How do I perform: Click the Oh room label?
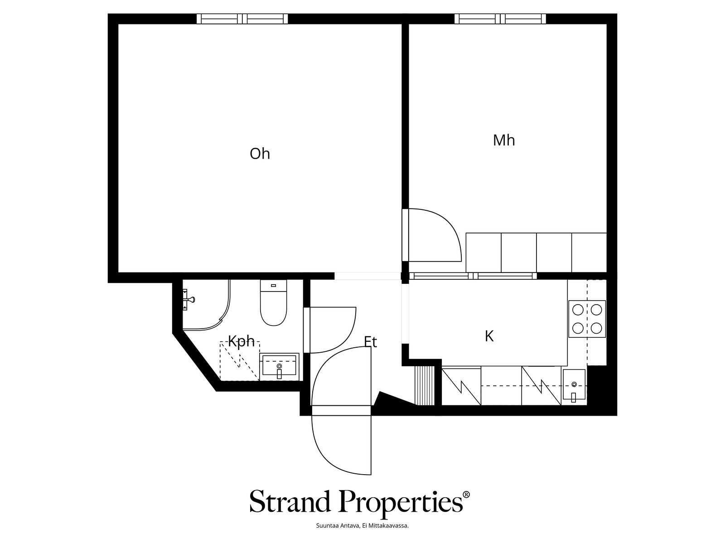(260, 154)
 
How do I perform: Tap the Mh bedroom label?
(504, 141)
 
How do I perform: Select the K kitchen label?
(489, 336)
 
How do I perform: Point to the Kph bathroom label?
(242, 341)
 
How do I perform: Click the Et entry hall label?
(370, 342)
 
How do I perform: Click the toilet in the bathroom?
(274, 302)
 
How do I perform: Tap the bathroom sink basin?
(280, 367)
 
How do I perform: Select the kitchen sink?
(574, 386)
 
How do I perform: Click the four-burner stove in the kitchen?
(587, 319)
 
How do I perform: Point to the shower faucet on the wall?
(188, 300)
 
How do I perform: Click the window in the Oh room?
(242, 19)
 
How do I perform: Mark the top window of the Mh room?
(500, 19)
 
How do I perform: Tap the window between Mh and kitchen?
(473, 276)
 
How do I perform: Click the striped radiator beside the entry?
(425, 385)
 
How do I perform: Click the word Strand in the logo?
(290, 502)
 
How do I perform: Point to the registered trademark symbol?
(466, 495)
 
